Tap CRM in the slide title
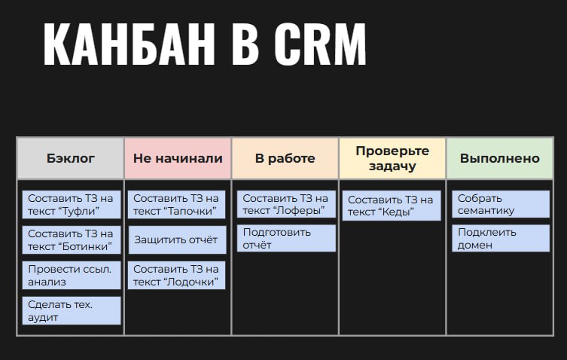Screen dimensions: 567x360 click(320, 44)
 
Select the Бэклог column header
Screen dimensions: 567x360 click(71, 158)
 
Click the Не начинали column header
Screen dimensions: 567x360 click(178, 158)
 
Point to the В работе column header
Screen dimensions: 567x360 click(285, 158)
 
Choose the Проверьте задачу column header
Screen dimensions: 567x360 click(392, 158)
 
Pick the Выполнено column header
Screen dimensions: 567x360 click(500, 158)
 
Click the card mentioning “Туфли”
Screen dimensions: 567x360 click(72, 204)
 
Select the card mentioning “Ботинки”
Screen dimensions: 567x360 click(72, 240)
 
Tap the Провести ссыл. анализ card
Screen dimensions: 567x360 click(72, 276)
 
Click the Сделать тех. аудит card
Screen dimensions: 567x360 click(72, 311)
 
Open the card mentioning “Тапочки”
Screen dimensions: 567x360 click(176, 204)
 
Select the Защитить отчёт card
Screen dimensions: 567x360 click(177, 240)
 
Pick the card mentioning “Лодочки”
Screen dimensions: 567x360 click(176, 276)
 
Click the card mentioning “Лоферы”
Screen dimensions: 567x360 click(286, 204)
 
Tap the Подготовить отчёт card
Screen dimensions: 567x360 click(286, 238)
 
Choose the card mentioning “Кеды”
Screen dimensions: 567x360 click(392, 206)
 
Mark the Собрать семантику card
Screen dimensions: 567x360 click(501, 204)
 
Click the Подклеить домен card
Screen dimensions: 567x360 click(501, 238)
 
